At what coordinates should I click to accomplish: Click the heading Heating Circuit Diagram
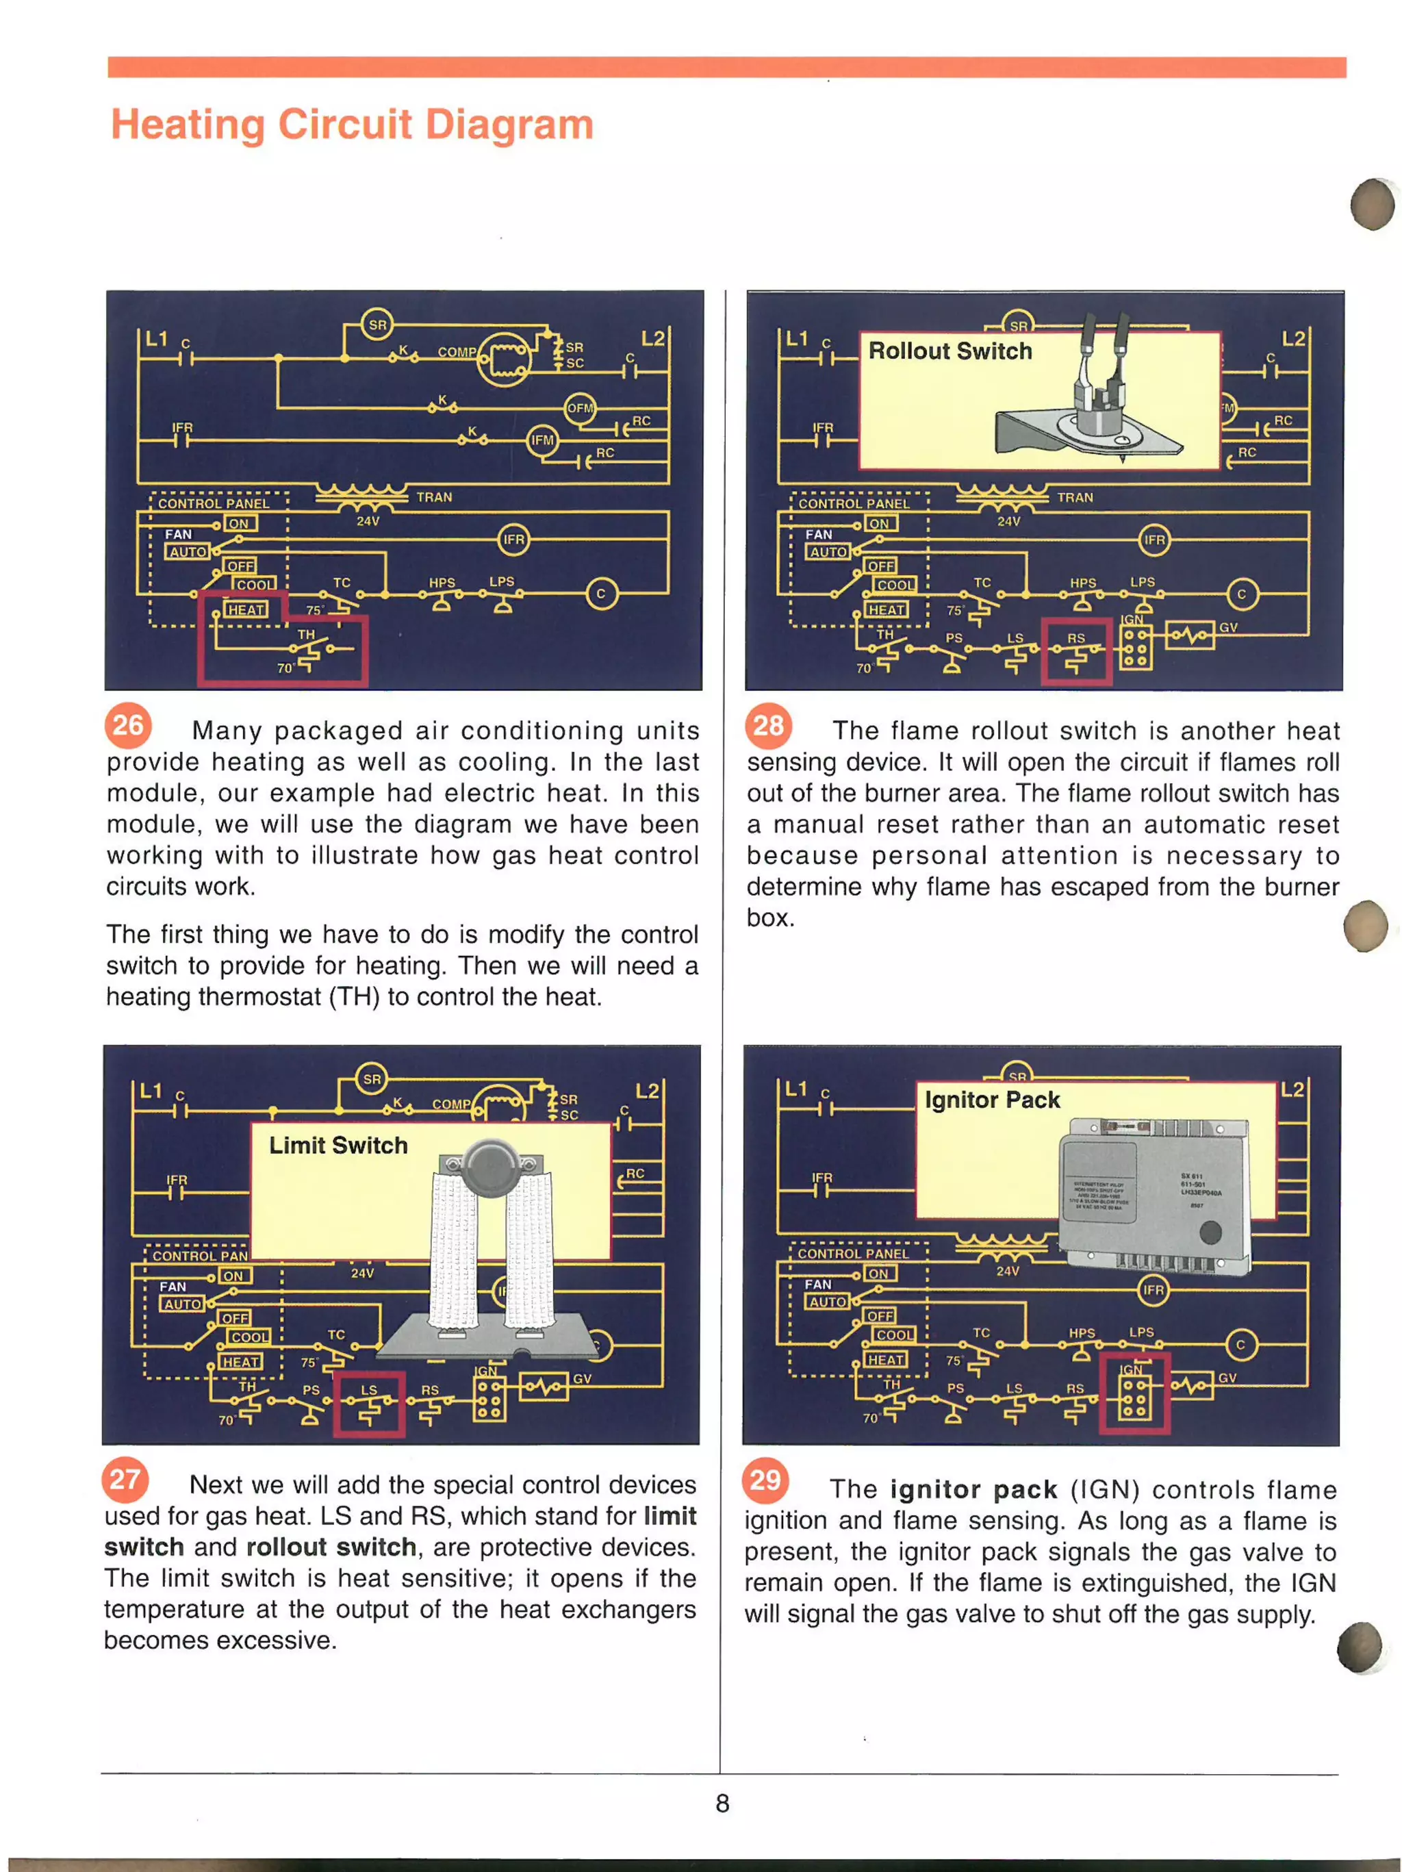[x=352, y=125]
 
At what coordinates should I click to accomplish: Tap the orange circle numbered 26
[x=128, y=725]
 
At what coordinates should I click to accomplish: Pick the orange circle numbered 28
[x=767, y=725]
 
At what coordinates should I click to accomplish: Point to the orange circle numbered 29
[x=765, y=1480]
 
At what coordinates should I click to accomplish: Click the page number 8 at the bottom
[x=722, y=1803]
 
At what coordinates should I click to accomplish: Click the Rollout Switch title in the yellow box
[x=949, y=351]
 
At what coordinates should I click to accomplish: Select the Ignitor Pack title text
[x=992, y=1100]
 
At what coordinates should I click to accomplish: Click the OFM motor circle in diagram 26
[x=581, y=408]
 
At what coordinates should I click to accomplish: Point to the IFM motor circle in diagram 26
[x=542, y=440]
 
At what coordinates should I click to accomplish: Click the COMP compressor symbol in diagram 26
[x=505, y=359]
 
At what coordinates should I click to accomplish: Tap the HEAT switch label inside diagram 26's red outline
[x=245, y=609]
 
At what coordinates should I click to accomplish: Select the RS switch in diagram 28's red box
[x=1075, y=652]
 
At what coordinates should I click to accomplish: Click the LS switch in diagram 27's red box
[x=369, y=1404]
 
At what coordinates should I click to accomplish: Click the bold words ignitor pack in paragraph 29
[x=973, y=1489]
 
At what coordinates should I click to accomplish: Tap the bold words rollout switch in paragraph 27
[x=331, y=1546]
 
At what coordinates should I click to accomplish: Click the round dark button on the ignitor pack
[x=1210, y=1232]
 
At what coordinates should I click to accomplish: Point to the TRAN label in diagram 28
[x=1075, y=498]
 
